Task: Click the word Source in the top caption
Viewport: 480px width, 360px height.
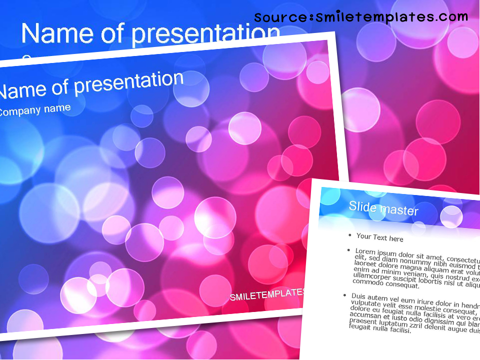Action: (280, 18)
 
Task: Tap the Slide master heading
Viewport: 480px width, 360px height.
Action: (383, 208)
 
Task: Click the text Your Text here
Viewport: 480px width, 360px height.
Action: (379, 237)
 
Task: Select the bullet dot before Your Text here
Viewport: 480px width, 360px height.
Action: (350, 234)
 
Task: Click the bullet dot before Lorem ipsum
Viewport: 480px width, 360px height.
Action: (348, 249)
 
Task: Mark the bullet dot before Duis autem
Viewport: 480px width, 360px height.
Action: (345, 295)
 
